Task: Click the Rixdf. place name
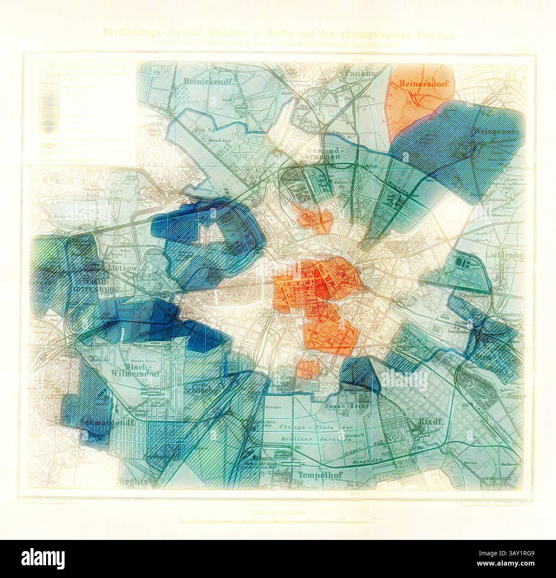[x=422, y=423]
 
